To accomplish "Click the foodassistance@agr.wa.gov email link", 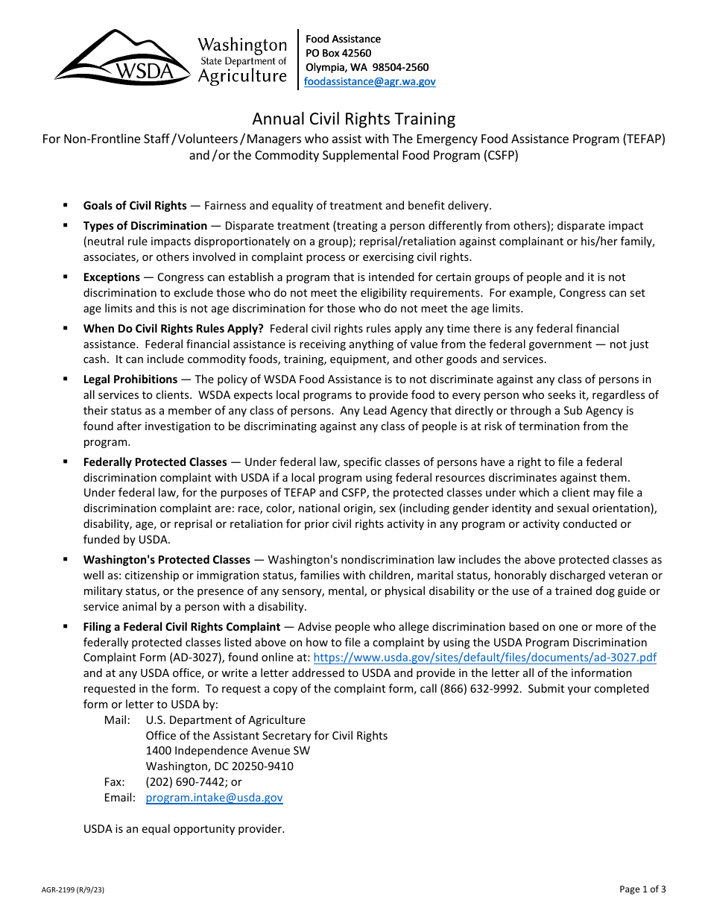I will (370, 82).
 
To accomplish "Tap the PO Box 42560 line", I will (338, 53).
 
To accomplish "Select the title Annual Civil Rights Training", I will (353, 119).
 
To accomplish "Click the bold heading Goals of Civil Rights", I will (135, 206).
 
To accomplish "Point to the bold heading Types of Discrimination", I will (145, 226).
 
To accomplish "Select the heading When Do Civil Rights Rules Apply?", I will (173, 329).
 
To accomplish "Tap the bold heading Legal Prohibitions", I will (130, 379).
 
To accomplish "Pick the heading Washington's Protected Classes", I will (166, 560).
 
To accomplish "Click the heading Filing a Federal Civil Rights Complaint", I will (182, 627).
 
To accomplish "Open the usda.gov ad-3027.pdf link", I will (484, 658).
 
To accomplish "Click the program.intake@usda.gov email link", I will (214, 798).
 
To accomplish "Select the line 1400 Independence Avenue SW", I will (228, 751).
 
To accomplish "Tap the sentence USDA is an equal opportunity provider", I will (184, 829).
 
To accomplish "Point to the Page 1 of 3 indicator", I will (642, 889).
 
